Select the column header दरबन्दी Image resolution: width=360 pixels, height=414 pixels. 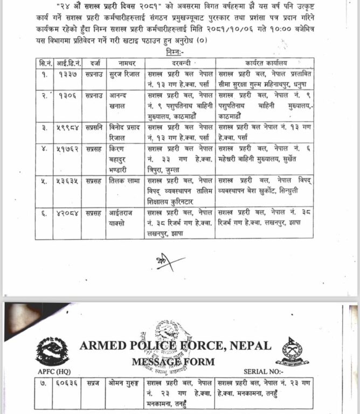tap(178, 63)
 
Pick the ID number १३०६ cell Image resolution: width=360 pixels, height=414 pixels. tap(68, 95)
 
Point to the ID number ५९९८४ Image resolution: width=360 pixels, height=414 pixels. tap(68, 127)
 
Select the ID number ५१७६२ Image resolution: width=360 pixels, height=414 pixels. tap(68, 148)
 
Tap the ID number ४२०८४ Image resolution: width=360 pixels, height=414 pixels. tap(68, 213)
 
